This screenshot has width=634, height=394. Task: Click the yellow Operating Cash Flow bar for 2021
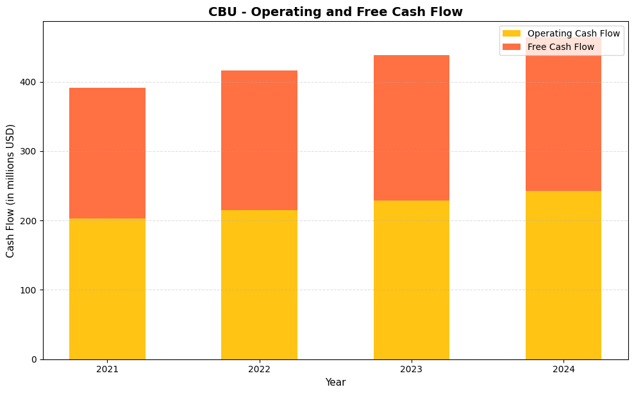(x=107, y=288)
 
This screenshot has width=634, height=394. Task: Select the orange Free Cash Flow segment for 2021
(x=107, y=153)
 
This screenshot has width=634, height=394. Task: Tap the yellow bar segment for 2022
(x=259, y=284)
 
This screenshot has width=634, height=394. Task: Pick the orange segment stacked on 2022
(x=259, y=140)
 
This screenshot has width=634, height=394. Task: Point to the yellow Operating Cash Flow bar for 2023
(x=411, y=280)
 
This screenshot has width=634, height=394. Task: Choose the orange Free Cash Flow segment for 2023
(x=411, y=128)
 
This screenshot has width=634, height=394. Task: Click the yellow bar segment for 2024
(x=563, y=275)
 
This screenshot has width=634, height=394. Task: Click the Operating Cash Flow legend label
(x=573, y=33)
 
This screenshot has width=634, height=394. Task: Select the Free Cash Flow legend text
(x=560, y=47)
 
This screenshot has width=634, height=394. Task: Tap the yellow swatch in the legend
(x=512, y=33)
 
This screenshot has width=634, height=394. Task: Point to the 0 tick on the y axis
(x=35, y=359)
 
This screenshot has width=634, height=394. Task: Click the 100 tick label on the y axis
(x=30, y=290)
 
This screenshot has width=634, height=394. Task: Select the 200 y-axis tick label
(x=30, y=221)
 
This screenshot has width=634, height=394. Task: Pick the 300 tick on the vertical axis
(x=30, y=152)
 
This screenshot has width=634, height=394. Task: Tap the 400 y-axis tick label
(x=30, y=83)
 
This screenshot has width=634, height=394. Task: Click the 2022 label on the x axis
(x=259, y=370)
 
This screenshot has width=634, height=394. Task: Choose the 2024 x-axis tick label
(x=563, y=370)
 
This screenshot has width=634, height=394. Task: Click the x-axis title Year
(x=335, y=382)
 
